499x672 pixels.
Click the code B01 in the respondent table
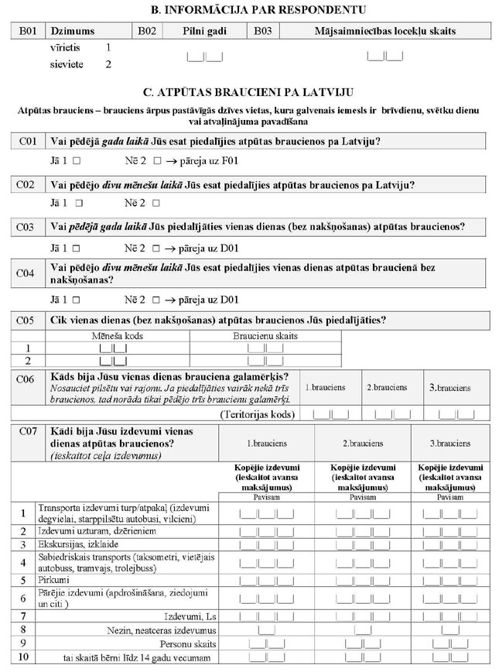[x=27, y=31]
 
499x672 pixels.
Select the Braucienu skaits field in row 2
[x=265, y=361]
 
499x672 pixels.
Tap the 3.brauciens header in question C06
[x=449, y=387]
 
